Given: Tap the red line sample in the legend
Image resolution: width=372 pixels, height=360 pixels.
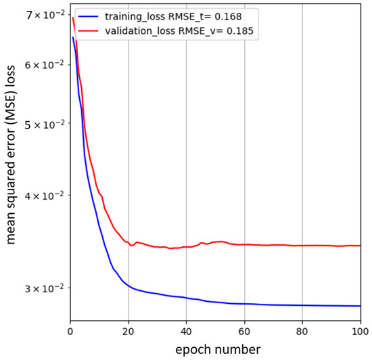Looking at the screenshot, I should (x=89, y=30).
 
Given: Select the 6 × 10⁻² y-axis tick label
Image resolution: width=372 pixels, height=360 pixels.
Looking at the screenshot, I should (x=43, y=65).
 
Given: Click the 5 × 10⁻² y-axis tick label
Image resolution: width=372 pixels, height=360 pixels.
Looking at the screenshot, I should (x=43, y=125).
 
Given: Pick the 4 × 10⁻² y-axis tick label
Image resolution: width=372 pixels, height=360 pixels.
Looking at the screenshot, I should (x=43, y=196).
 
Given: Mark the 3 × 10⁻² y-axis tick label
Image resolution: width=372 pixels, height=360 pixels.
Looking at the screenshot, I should (x=43, y=289).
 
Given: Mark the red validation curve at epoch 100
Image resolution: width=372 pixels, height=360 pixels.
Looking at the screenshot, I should (x=360, y=246).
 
